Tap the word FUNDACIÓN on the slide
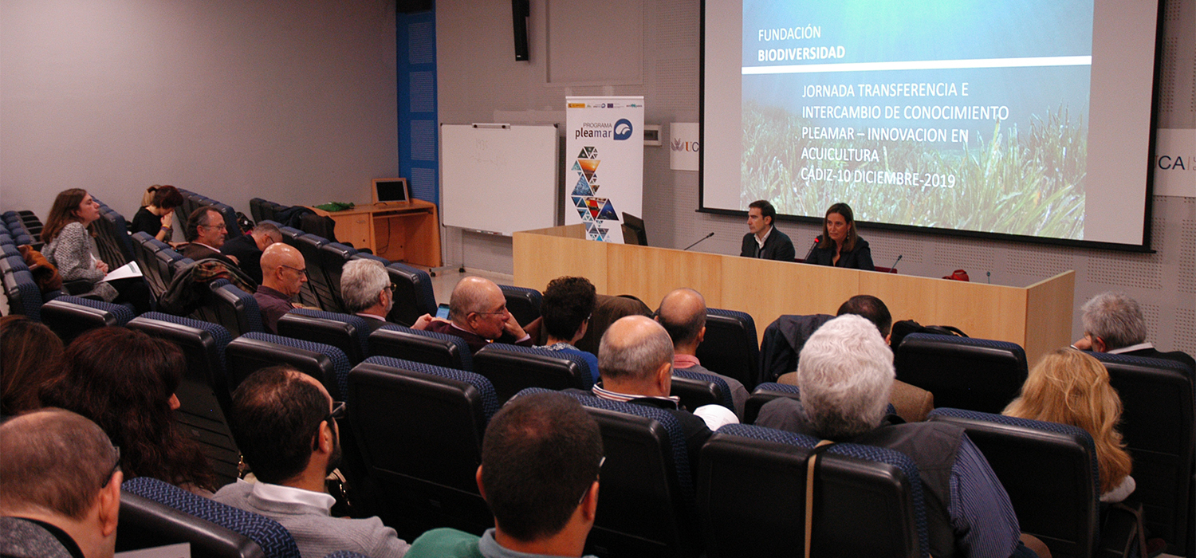pos(789,34)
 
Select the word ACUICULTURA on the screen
pos(840,154)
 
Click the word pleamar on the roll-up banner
pos(592,133)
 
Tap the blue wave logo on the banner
pos(623,129)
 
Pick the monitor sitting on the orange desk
pos(391,191)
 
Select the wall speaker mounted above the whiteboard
pos(521,29)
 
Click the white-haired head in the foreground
pos(845,375)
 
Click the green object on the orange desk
pos(335,206)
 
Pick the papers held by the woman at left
pos(122,272)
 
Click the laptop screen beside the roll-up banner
pos(634,229)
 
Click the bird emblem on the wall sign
pos(678,145)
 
